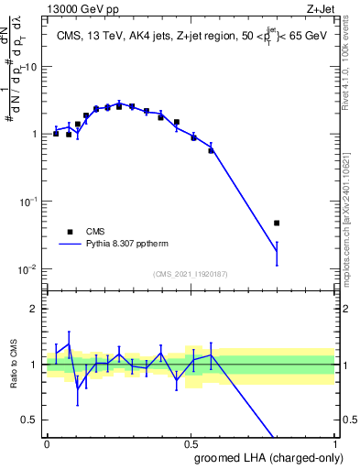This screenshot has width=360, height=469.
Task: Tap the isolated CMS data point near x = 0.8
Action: tap(277, 223)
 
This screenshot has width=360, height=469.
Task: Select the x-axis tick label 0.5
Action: tap(191, 442)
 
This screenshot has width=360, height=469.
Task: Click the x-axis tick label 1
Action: tap(334, 442)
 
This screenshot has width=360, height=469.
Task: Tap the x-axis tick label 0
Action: tap(47, 442)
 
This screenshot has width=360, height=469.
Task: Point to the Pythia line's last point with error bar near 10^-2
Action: tap(277, 251)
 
